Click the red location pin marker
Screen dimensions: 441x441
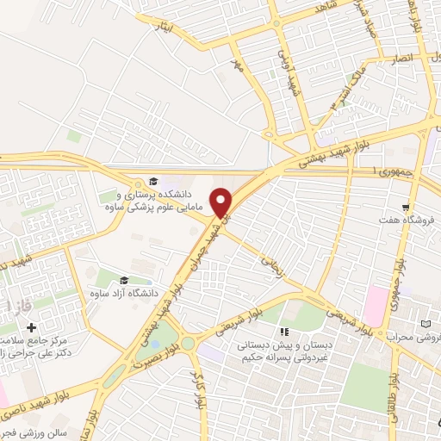(222, 202)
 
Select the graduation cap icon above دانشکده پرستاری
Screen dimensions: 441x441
(153, 182)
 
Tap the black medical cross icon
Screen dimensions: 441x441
(32, 327)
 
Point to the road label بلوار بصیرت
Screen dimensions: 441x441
(159, 356)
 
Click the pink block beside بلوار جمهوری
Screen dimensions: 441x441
(376, 302)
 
